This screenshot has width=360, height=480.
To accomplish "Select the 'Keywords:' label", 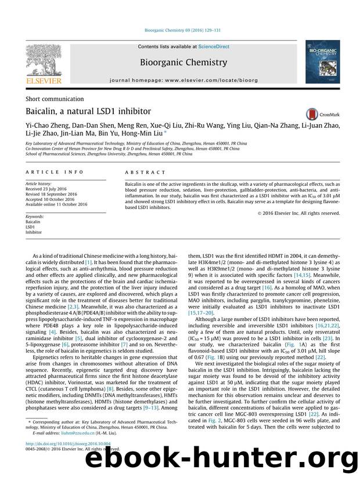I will click(x=36, y=216).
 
